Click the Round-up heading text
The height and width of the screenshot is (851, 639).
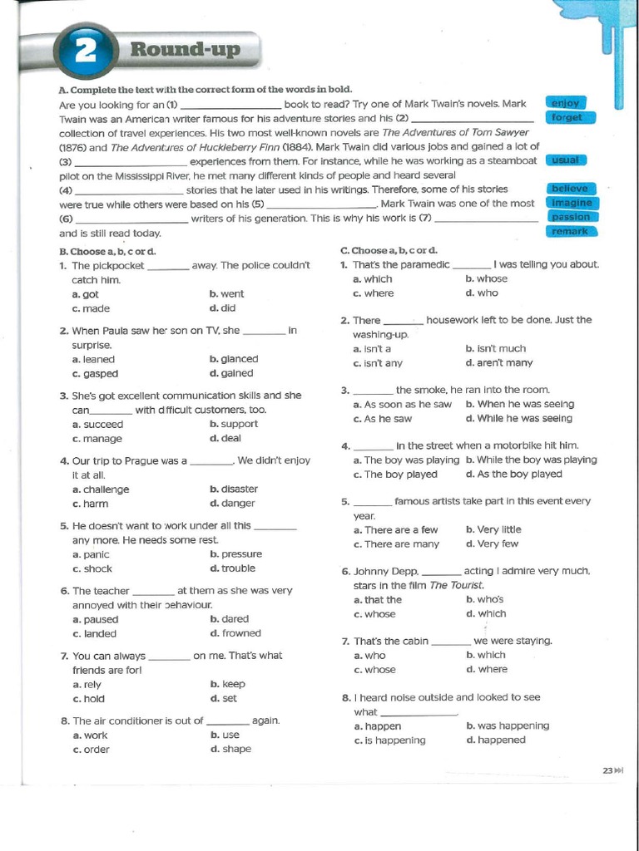tap(185, 51)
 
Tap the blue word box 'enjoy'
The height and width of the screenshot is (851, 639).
tap(566, 103)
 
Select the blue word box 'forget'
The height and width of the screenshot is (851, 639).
tap(567, 117)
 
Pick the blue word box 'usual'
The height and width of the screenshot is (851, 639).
tap(566, 160)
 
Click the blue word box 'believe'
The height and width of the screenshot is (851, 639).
tap(569, 189)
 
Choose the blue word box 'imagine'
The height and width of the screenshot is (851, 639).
tap(571, 203)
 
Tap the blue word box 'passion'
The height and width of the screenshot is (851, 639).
tap(570, 217)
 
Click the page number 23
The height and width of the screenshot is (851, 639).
tap(607, 771)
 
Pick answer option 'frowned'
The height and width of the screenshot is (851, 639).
tap(240, 633)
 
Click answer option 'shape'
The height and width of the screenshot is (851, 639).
tap(235, 749)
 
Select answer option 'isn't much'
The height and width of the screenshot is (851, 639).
tap(500, 349)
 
